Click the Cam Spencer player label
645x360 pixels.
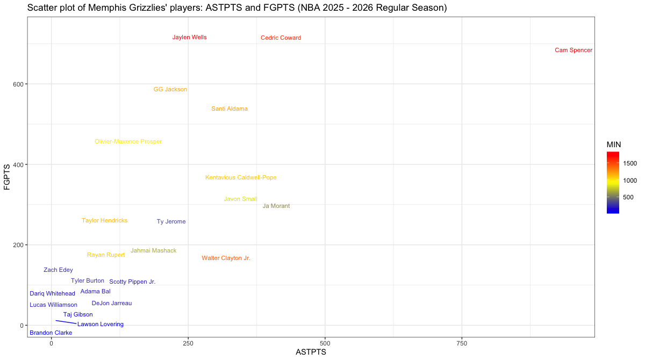573,51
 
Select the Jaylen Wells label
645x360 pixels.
189,38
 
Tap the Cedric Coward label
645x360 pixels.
281,38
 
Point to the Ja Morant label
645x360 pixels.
276,206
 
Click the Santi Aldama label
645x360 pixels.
230,109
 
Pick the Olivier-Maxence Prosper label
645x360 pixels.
128,142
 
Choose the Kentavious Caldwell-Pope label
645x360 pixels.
241,178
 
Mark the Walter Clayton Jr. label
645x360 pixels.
226,258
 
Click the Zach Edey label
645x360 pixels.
58,270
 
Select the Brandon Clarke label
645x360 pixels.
51,333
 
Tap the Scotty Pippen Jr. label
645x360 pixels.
132,282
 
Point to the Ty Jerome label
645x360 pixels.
171,222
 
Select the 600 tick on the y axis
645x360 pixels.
17,84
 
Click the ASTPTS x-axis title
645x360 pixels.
311,352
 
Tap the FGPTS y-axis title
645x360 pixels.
7,177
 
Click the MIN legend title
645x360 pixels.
614,145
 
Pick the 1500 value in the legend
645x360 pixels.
630,163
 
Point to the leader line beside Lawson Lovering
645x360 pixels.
66,322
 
